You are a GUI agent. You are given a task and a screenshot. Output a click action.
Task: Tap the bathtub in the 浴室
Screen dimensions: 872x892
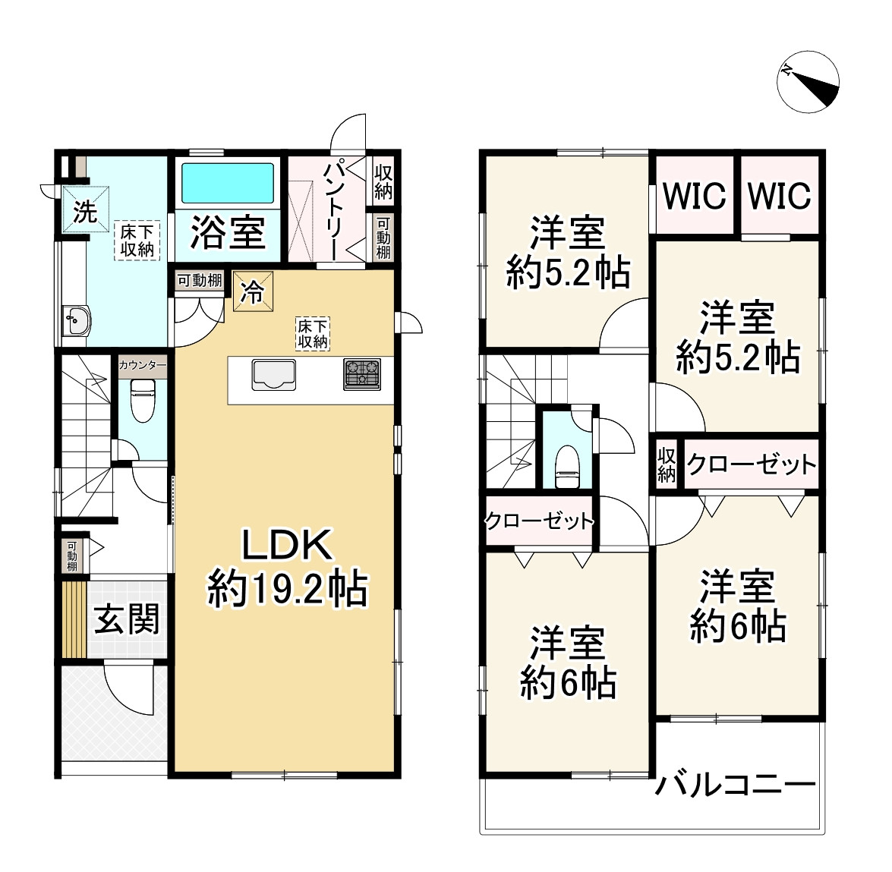226,182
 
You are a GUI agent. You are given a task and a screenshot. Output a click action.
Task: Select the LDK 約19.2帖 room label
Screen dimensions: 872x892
287,568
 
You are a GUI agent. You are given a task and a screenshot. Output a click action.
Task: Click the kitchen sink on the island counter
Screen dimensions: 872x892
273,373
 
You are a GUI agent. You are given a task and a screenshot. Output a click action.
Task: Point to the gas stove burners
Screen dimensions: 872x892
361,373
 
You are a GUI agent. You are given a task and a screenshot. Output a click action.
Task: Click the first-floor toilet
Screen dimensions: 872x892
142,399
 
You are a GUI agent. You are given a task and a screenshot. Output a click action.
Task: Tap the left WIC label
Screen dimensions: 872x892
695,195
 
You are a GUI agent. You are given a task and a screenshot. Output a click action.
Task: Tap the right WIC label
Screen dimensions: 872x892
779,195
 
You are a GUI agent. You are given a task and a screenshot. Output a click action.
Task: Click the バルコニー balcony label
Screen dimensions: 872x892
736,785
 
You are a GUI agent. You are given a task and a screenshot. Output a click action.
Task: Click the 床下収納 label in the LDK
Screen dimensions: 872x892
312,334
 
